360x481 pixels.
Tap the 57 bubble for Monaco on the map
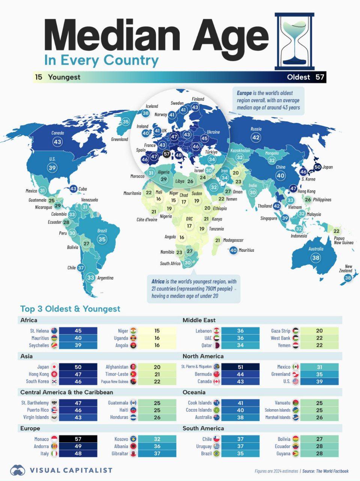[x=167, y=154]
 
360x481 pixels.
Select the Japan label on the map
[x=327, y=167]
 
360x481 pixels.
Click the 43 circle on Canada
[x=57, y=142]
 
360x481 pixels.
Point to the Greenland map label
[x=119, y=139]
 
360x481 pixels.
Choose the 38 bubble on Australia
[x=316, y=257]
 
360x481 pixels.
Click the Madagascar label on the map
[x=233, y=240]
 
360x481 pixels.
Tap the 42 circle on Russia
[x=256, y=138]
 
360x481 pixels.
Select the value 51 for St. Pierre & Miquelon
[x=240, y=367]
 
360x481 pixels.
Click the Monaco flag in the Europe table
[x=54, y=439]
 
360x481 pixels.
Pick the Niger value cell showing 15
[x=157, y=331]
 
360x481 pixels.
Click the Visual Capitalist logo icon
[x=18, y=470]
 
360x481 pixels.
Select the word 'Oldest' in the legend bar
[x=298, y=77]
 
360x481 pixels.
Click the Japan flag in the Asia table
[x=54, y=367]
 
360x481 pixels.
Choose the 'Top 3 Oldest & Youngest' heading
[x=70, y=309]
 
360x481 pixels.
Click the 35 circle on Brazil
[x=102, y=239]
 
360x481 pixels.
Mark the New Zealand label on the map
[x=348, y=268]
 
